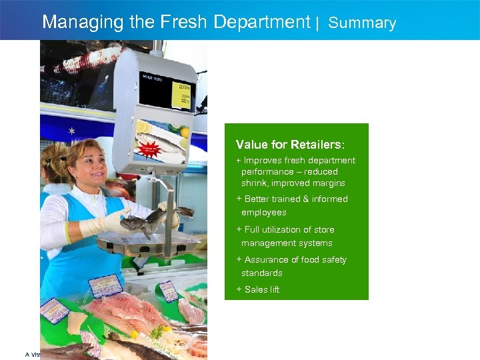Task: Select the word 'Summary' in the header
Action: [362, 23]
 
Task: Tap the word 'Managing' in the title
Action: [75, 22]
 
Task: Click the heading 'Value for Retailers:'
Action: [290, 145]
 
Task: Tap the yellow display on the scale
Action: [181, 95]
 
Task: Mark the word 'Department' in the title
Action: [262, 22]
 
